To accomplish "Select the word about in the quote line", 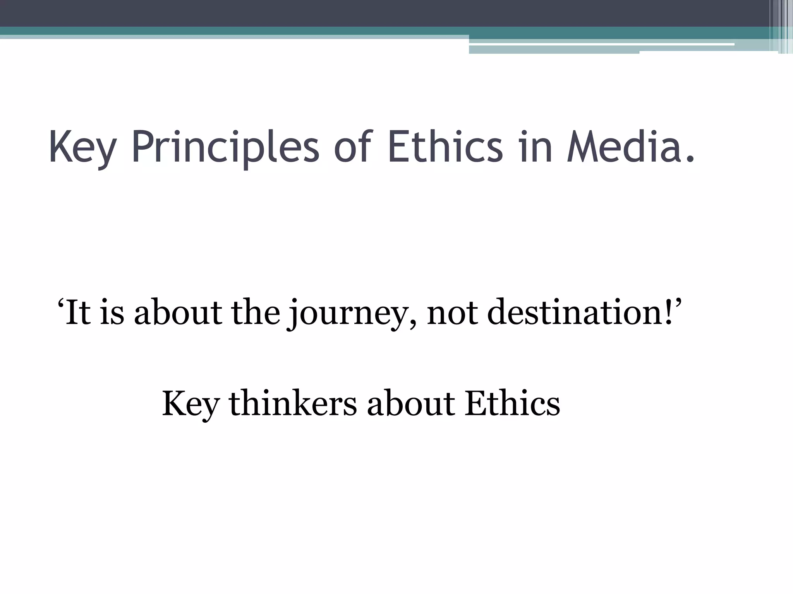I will (178, 312).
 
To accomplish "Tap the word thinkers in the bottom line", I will (293, 404).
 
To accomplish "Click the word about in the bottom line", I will (411, 404).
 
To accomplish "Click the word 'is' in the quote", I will (112, 312).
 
